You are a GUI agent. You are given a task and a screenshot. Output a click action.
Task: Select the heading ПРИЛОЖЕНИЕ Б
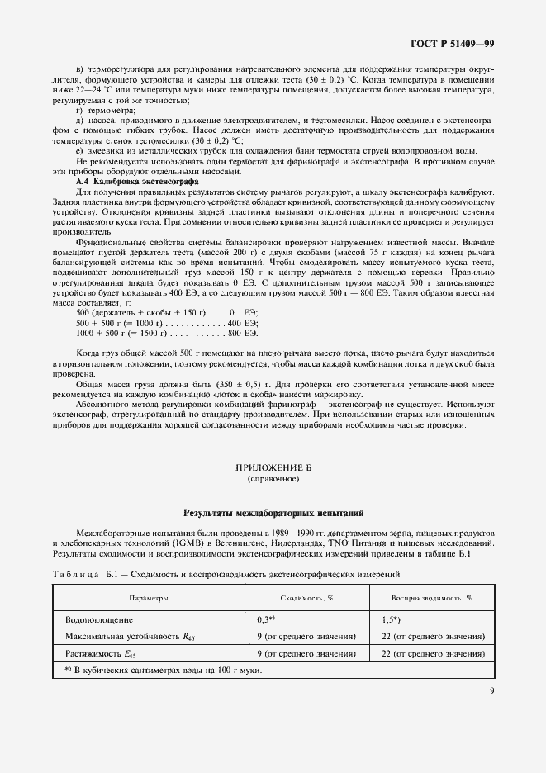click(273, 467)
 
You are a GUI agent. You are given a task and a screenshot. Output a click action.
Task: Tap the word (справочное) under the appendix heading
click(273, 479)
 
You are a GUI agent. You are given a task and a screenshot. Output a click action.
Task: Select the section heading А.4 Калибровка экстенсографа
click(136, 180)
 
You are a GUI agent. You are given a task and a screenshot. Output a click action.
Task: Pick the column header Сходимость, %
click(306, 596)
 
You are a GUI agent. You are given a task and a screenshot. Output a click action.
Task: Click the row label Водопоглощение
click(99, 619)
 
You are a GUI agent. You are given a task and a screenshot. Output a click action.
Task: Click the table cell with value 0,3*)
click(265, 619)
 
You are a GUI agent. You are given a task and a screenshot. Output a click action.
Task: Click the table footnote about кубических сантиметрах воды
click(162, 669)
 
